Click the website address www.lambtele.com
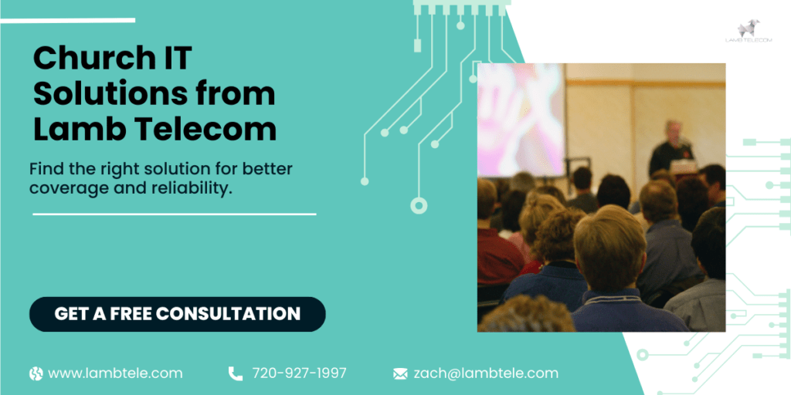point(115,373)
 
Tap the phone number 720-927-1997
point(299,373)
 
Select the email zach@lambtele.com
point(486,373)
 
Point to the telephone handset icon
point(235,373)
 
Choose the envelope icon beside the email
point(400,373)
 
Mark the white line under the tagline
point(174,214)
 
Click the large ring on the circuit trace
point(419,205)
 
